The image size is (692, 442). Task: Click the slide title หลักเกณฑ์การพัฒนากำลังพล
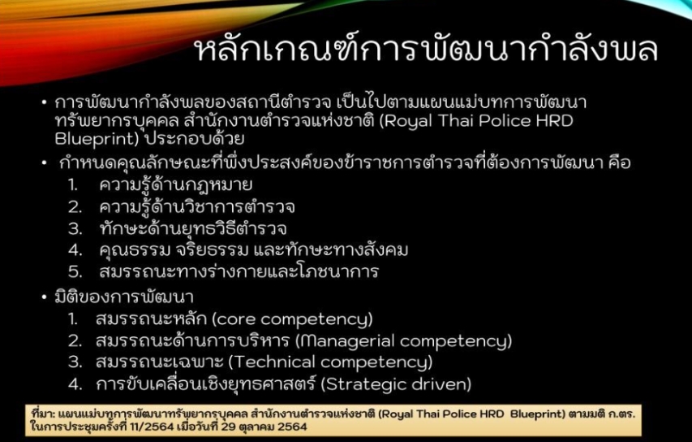click(x=427, y=48)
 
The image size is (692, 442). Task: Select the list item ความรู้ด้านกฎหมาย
click(x=176, y=184)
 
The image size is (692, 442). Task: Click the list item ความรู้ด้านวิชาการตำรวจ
click(x=197, y=207)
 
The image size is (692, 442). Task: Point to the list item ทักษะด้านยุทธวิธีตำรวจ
click(x=193, y=228)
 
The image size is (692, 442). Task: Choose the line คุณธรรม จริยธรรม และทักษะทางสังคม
click(x=254, y=250)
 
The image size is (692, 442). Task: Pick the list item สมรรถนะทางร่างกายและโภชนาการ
click(x=239, y=271)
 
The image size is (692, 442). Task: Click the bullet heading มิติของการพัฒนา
click(x=124, y=297)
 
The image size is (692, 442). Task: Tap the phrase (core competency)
click(x=293, y=319)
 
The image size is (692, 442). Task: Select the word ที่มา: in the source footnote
click(x=43, y=414)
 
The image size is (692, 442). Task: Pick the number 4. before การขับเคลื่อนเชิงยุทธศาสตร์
click(x=75, y=384)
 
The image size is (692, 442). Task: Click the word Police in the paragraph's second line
click(x=505, y=121)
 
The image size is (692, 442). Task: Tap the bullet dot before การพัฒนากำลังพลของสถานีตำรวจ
click(x=44, y=102)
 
